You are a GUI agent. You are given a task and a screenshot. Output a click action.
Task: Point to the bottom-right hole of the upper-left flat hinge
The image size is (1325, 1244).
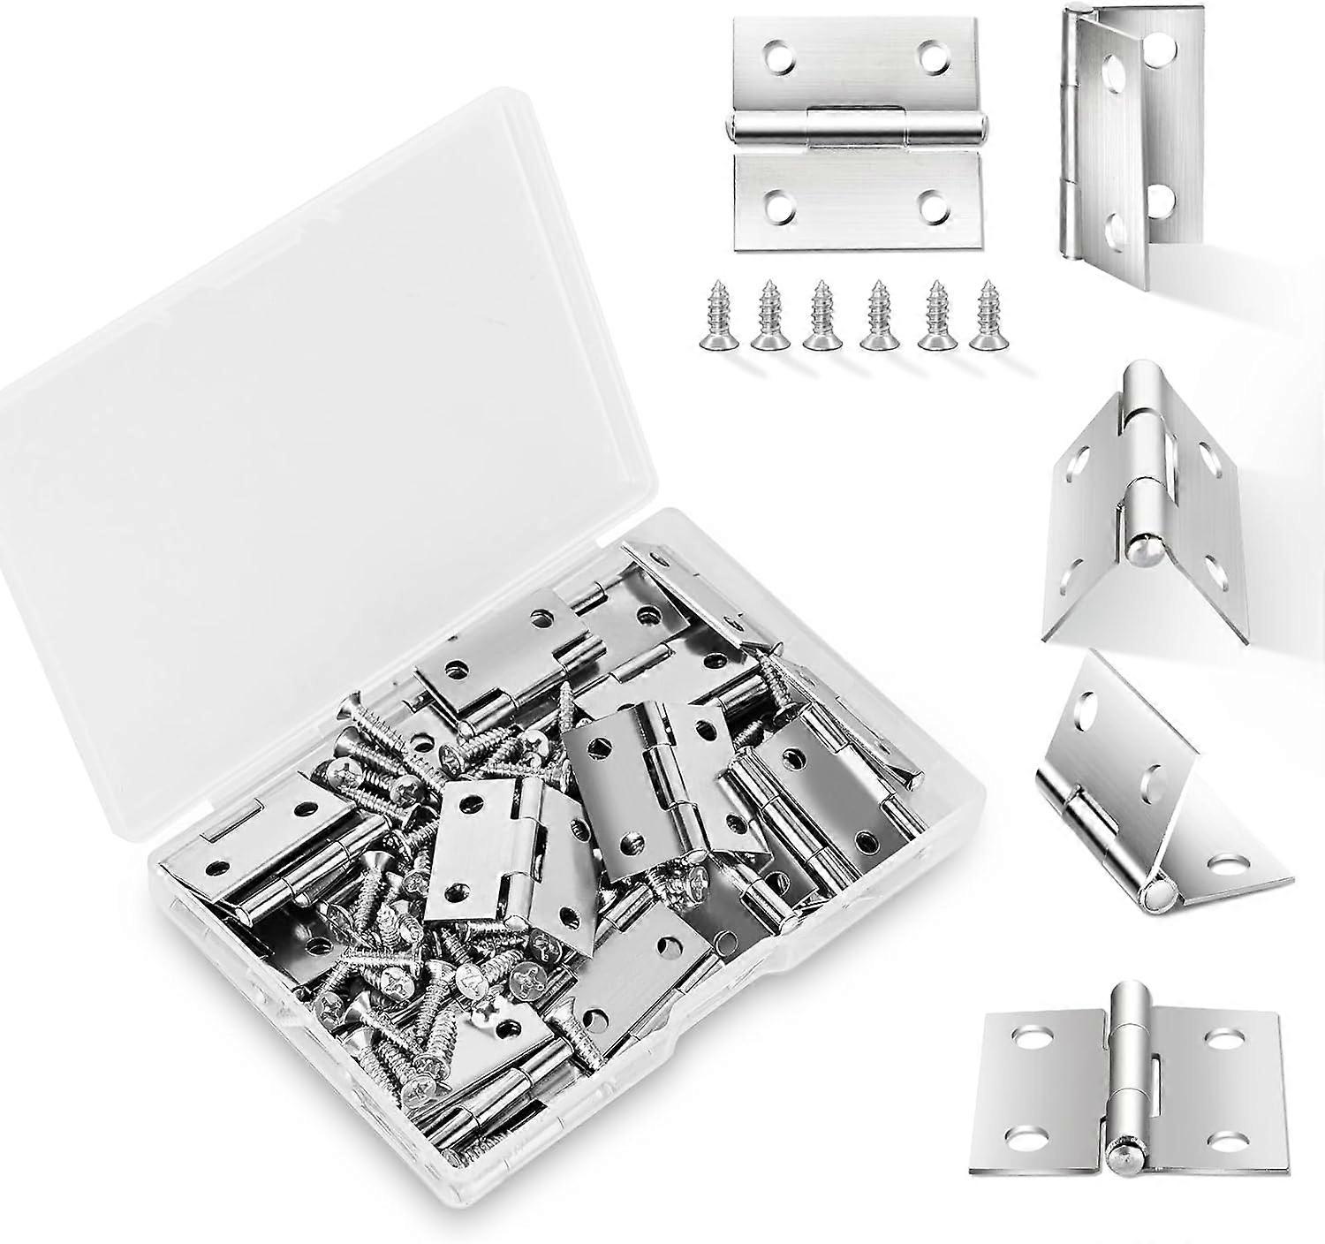click(934, 209)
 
